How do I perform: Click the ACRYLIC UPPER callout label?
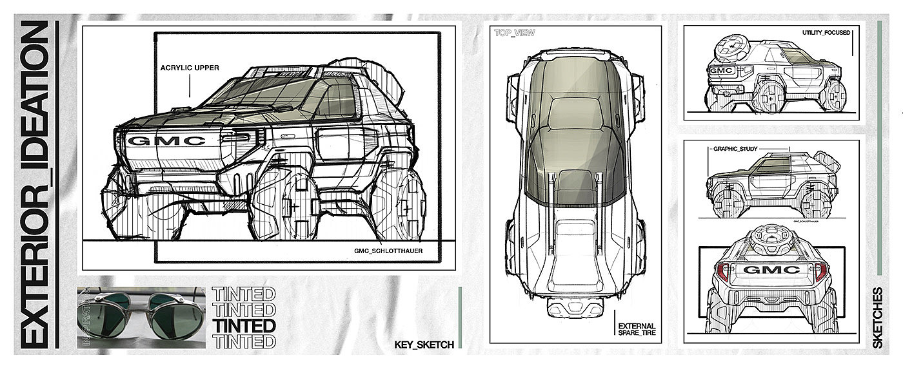pos(189,66)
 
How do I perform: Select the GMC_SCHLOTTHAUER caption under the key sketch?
pos(388,251)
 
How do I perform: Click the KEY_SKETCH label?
pos(424,345)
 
